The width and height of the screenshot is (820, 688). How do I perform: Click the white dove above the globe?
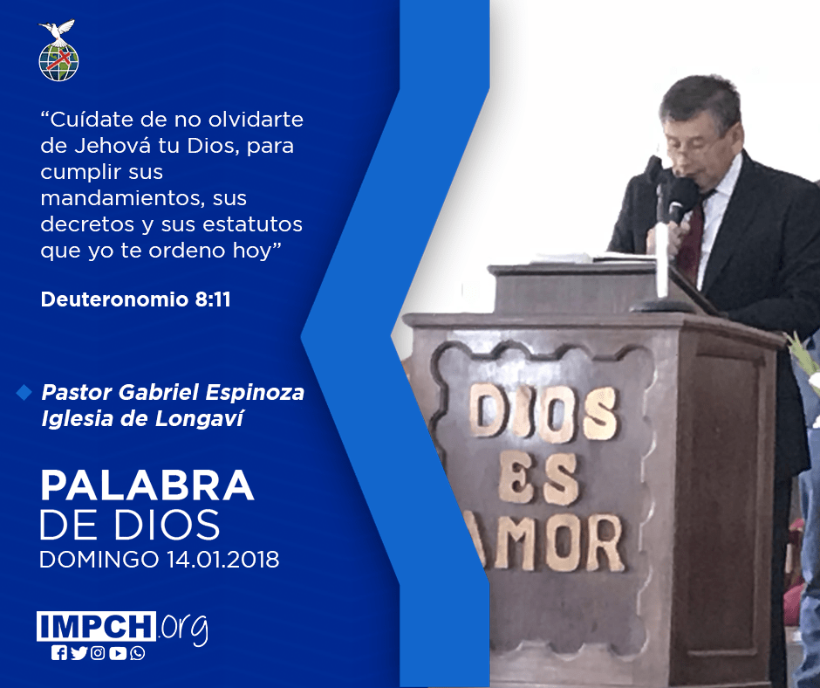(57, 31)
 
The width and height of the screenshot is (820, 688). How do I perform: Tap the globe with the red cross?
(58, 62)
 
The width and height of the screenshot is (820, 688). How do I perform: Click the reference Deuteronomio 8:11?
(135, 299)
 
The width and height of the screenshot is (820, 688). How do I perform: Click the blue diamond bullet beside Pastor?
(24, 392)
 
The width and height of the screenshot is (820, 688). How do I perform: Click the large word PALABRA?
(147, 486)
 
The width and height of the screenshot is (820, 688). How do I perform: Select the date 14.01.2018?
(223, 559)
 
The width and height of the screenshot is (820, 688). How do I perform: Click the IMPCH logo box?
(96, 626)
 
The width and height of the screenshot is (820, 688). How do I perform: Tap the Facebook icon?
(59, 653)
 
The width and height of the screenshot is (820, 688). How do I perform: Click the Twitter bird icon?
(79, 653)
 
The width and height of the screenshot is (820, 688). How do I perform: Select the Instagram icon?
(98, 653)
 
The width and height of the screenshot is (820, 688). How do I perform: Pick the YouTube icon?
(118, 653)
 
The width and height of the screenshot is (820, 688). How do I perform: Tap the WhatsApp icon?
(138, 653)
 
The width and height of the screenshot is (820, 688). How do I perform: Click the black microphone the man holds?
(679, 197)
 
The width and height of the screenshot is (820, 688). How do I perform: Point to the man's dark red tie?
(692, 237)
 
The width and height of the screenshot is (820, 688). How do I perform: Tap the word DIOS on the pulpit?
(543, 412)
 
